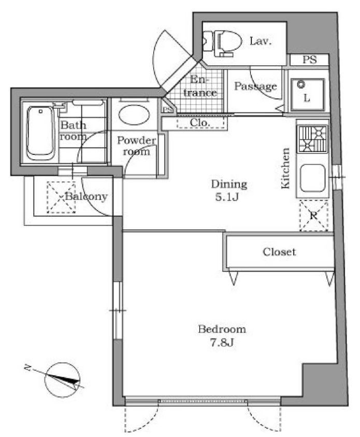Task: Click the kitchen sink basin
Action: coord(312,179)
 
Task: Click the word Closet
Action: coord(279,252)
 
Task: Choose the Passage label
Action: coord(255,86)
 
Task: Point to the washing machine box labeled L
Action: coord(307,94)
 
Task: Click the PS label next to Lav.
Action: coord(309,60)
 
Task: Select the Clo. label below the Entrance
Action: coord(199,123)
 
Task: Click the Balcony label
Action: coord(86,196)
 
